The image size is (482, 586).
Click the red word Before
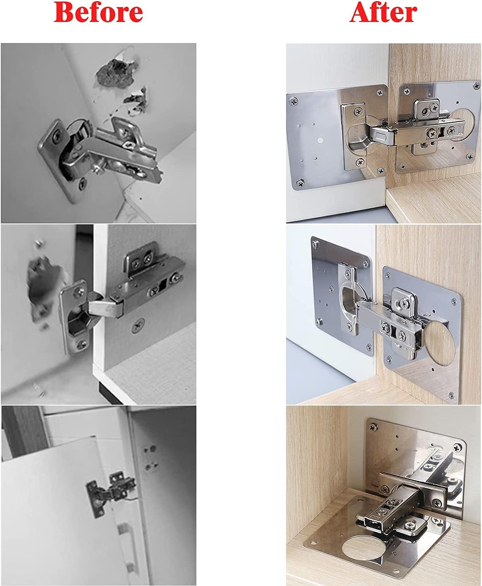98,12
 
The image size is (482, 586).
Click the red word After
383,12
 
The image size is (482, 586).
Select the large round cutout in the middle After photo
440,343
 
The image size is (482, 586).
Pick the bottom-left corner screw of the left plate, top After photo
300,183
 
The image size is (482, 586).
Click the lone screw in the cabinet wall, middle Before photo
138,325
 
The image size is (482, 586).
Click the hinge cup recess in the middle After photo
349,302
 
